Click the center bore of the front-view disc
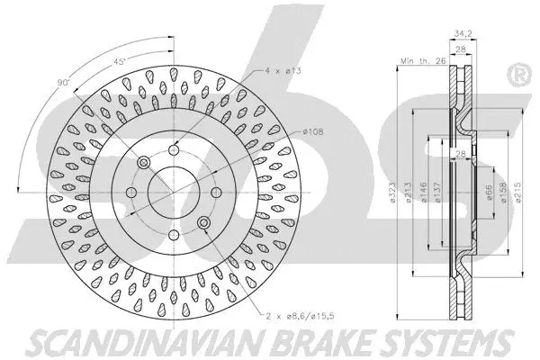coord(172,192)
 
